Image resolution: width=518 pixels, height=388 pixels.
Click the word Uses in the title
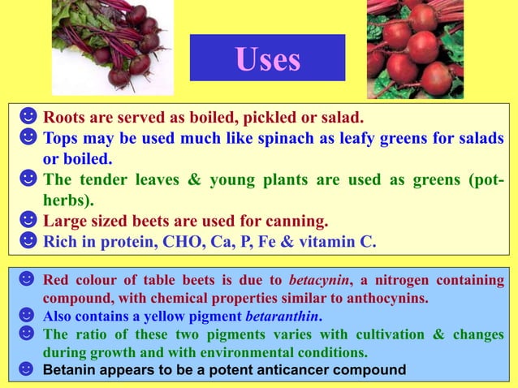267,58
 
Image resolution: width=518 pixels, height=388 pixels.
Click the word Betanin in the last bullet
67,370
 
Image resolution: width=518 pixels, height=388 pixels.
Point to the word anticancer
306,370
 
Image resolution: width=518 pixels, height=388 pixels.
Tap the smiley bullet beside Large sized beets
28,220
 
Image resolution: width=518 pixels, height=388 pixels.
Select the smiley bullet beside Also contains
27,316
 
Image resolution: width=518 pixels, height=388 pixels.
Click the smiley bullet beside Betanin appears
27,370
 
